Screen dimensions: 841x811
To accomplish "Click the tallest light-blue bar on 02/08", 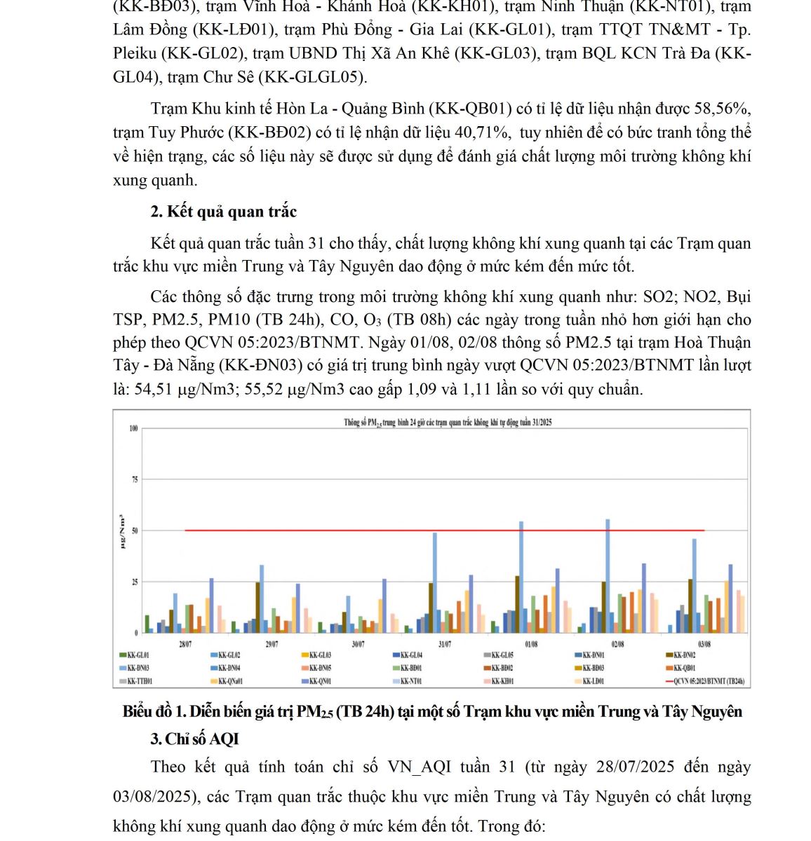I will tap(608, 575).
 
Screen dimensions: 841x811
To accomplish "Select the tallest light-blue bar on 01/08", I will tap(521, 576).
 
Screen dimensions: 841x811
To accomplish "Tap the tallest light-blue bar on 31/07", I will tap(435, 582).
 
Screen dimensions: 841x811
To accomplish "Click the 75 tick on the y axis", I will tap(133, 479).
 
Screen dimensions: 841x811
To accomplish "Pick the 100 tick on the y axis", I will tap(133, 428).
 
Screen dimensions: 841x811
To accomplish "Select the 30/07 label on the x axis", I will tap(358, 643).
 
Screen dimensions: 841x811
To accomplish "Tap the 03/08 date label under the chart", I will tap(704, 643).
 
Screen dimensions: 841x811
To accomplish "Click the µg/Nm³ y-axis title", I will tap(123, 531).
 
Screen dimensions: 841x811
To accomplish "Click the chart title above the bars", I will tap(448, 423).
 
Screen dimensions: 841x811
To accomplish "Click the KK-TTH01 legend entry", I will tap(140, 681).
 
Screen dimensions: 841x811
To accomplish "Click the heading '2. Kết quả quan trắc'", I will tap(224, 212).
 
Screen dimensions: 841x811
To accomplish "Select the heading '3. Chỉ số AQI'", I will tap(195, 739).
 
